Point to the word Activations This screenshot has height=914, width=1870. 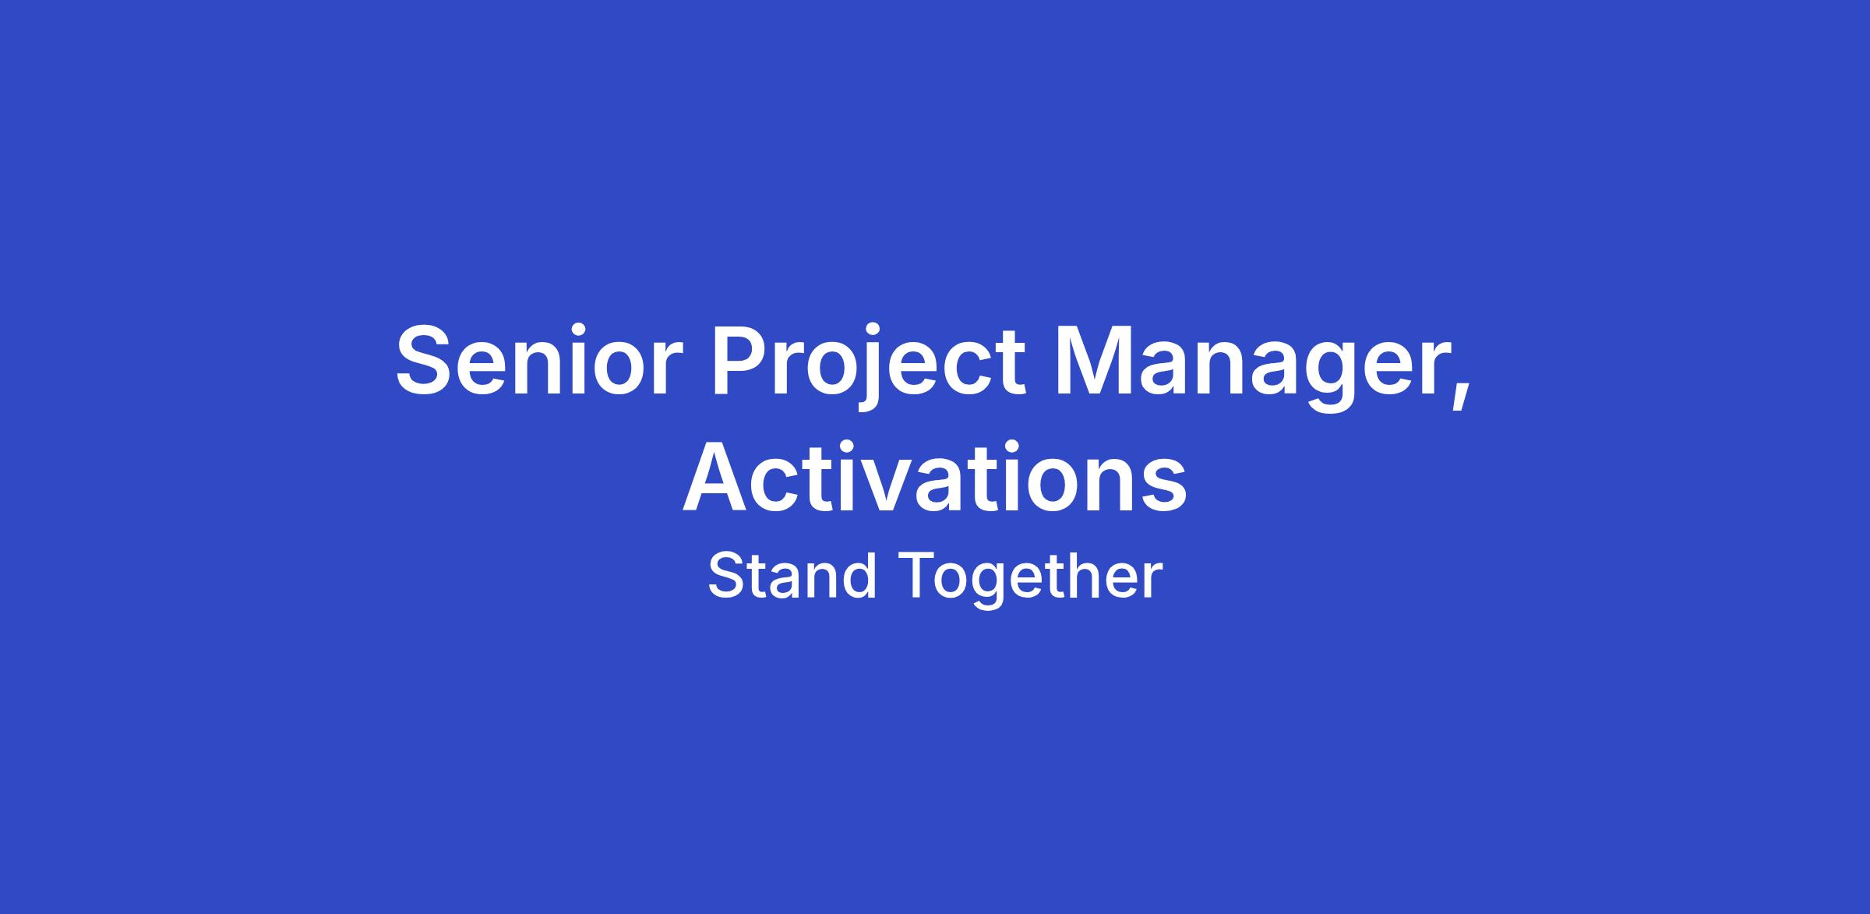(935, 477)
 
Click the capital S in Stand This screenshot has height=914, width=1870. (727, 574)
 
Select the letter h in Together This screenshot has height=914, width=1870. (1085, 574)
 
